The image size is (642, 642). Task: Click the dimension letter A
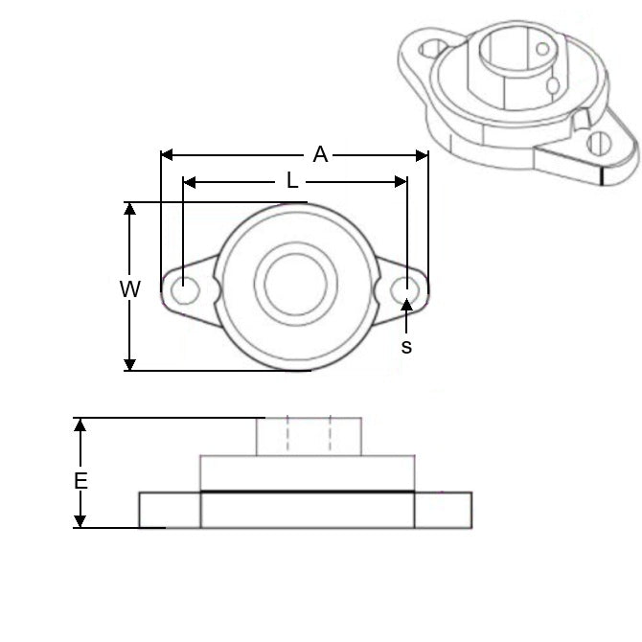pos(320,154)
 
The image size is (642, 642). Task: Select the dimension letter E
pos(80,481)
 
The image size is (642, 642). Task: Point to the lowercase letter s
pos(406,347)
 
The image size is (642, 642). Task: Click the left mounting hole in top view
pos(184,287)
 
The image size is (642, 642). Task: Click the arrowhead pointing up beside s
pos(407,305)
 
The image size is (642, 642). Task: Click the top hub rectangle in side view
pos(308,436)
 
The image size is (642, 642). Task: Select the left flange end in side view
pos(169,509)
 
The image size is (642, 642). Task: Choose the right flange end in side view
pos(443,509)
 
